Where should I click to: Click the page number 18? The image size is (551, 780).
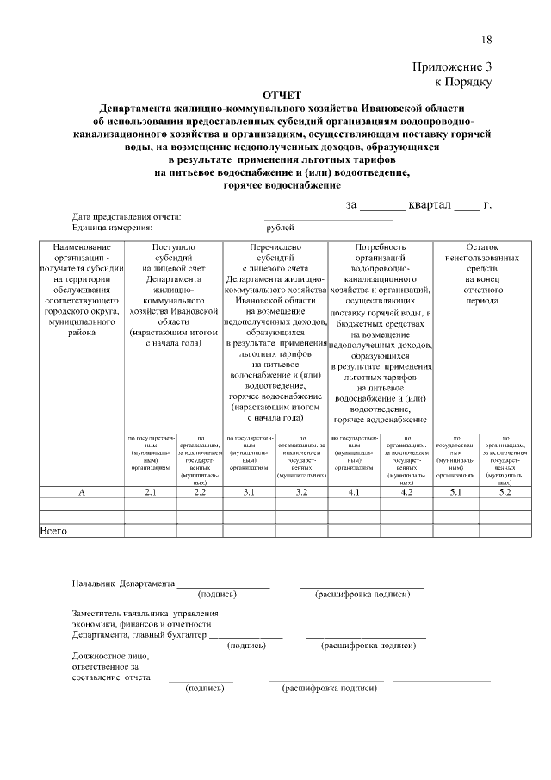(486, 40)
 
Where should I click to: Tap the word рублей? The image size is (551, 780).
(280, 228)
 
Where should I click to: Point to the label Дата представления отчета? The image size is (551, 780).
(127, 216)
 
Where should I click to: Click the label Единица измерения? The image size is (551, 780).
(112, 228)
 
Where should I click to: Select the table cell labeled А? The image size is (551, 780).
(82, 492)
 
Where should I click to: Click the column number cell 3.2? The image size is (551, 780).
(301, 492)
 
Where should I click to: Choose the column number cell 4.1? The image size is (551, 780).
(353, 492)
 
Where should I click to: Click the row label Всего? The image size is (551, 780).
(54, 531)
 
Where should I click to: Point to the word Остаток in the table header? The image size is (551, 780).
(481, 247)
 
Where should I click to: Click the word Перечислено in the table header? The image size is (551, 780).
(275, 247)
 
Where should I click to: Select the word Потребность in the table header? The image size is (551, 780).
(379, 247)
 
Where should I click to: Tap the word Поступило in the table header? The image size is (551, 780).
(175, 247)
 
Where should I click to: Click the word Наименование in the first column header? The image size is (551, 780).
(82, 247)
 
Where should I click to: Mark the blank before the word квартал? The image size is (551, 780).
(381, 206)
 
